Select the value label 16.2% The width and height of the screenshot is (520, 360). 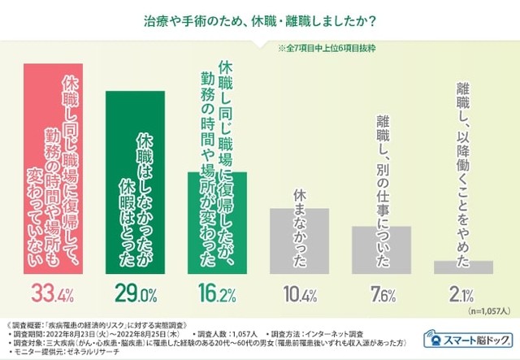(219, 291)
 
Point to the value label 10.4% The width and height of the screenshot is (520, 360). (301, 291)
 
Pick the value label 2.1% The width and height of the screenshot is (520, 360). (462, 291)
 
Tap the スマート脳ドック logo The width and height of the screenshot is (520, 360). (466, 337)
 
